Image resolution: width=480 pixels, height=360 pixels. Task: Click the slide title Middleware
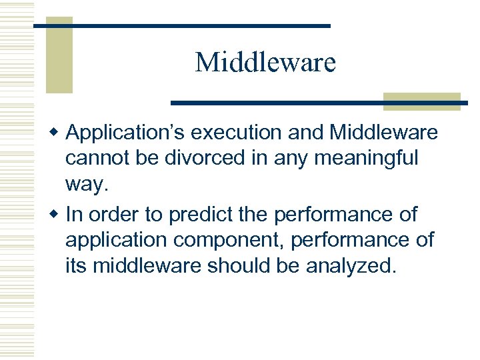pyautogui.click(x=265, y=63)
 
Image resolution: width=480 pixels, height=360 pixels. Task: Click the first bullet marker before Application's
pyautogui.click(x=56, y=133)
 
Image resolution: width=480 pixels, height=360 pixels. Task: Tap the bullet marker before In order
pyautogui.click(x=56, y=215)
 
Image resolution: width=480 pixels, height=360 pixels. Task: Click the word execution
pyautogui.click(x=237, y=133)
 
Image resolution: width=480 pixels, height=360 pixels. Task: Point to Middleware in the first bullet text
pyautogui.click(x=383, y=133)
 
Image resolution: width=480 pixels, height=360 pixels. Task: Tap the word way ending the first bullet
pyautogui.click(x=86, y=185)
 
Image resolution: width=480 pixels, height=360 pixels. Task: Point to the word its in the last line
pyautogui.click(x=76, y=266)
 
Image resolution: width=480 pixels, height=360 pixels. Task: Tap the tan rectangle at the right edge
pyautogui.click(x=421, y=101)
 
